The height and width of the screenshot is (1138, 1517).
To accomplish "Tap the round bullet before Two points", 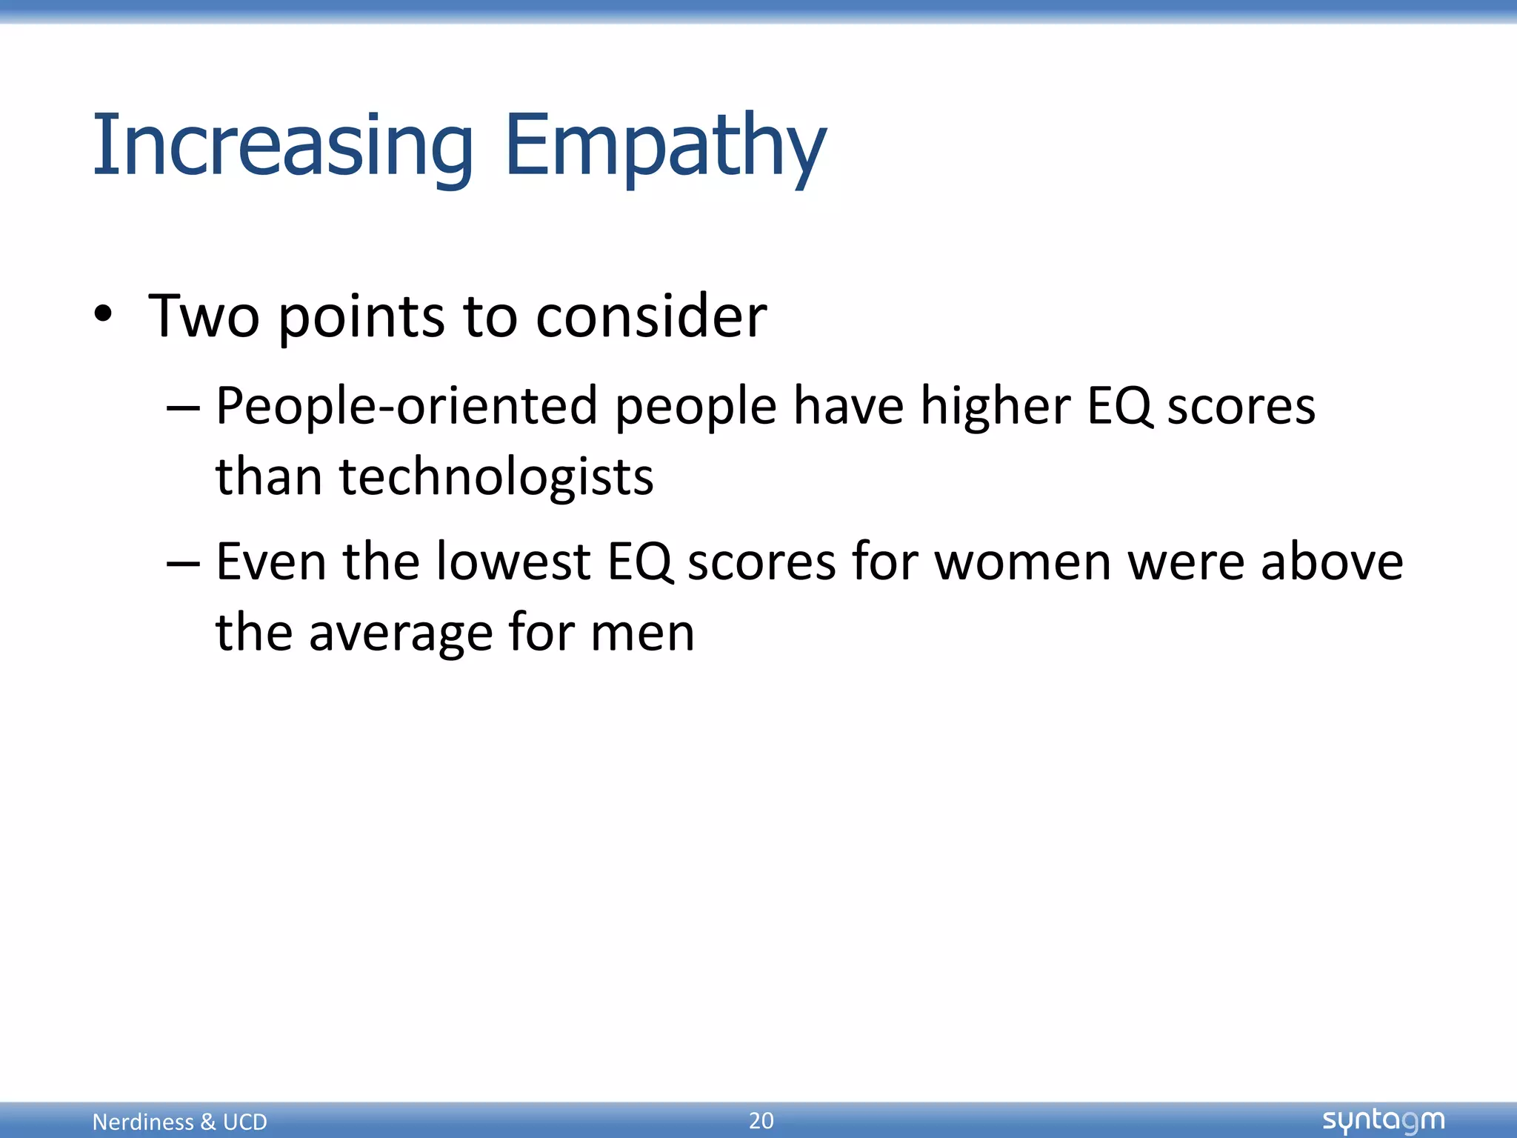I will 104,314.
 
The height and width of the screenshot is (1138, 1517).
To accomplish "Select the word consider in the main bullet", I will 651,316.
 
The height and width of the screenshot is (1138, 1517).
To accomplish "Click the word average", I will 399,633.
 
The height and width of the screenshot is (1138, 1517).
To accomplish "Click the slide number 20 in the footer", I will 761,1120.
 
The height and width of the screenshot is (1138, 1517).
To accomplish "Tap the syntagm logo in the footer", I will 1383,1120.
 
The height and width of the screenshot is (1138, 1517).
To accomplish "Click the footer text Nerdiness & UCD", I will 179,1122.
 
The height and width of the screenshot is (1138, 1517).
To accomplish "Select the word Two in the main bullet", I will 204,316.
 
